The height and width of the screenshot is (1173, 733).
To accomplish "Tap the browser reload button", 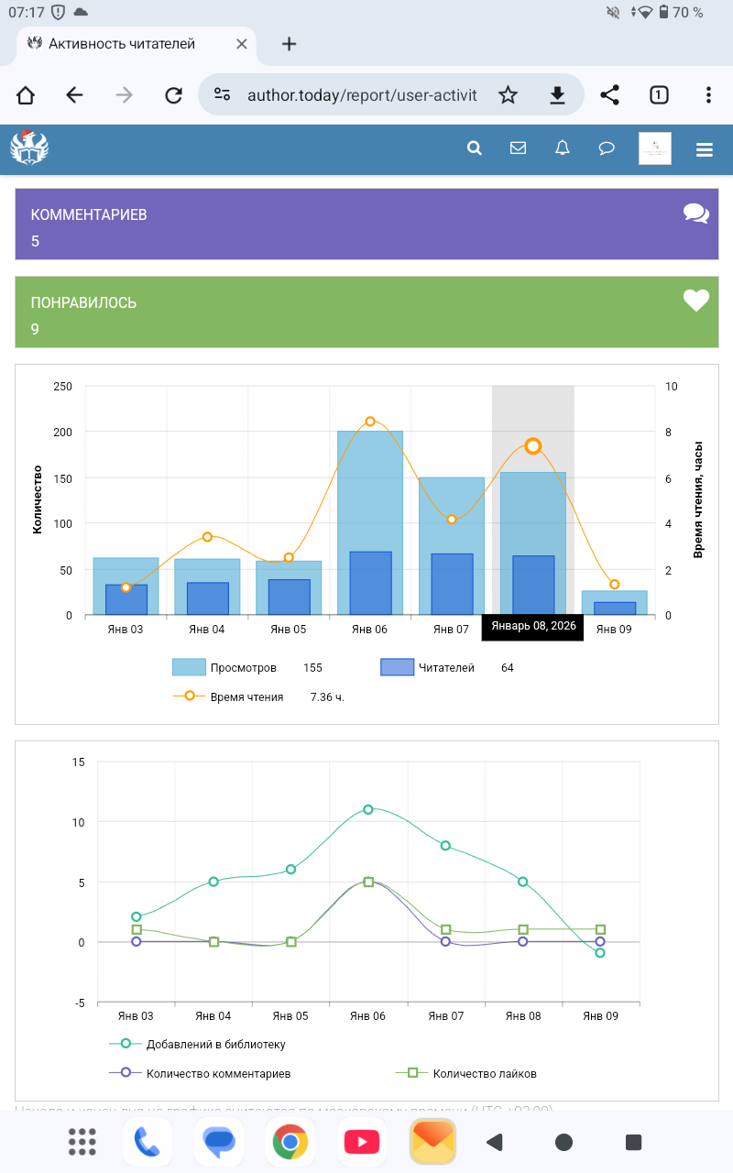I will [x=173, y=95].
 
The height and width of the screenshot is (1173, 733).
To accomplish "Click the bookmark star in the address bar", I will [x=508, y=95].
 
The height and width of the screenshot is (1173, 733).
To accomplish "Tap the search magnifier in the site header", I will [x=475, y=148].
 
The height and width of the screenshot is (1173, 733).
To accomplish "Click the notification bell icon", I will [x=563, y=148].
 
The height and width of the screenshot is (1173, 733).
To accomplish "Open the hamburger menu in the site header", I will [x=704, y=149].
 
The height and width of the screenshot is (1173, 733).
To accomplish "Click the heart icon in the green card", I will [x=696, y=301].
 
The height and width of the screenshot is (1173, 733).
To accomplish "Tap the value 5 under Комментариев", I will [x=36, y=242].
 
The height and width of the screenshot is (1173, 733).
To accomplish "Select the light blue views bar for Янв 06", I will [x=370, y=486].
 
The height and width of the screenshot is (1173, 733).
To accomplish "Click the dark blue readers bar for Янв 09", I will [x=615, y=608].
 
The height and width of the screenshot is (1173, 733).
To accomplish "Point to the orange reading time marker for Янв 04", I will [x=208, y=537].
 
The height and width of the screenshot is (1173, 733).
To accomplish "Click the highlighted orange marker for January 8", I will [x=533, y=446].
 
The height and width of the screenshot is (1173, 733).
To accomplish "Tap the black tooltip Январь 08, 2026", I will [x=533, y=626].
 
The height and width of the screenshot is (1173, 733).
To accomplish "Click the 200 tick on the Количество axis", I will [x=63, y=432].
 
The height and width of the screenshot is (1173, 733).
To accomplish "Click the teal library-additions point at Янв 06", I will [x=368, y=809].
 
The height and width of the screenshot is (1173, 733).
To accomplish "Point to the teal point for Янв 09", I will [x=600, y=953].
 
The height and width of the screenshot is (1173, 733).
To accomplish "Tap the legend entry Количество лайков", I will [x=484, y=1073].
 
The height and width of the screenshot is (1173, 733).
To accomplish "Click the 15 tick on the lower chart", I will [x=79, y=762].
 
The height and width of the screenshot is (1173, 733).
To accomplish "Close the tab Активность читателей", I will [x=242, y=43].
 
